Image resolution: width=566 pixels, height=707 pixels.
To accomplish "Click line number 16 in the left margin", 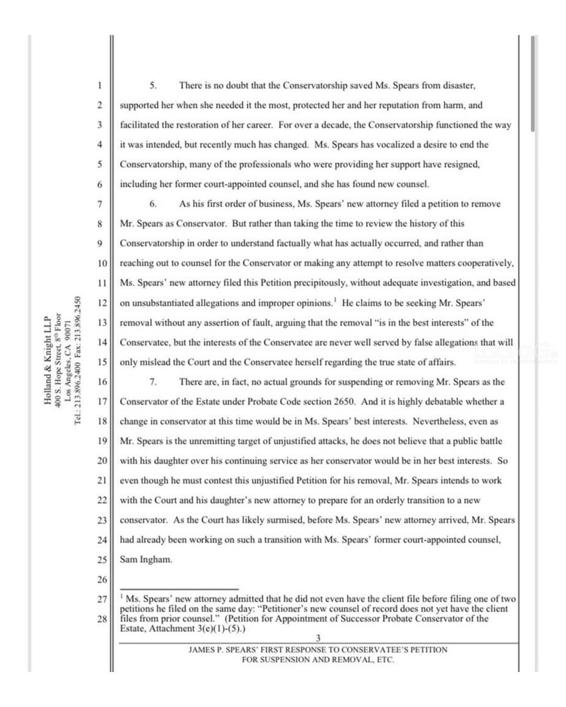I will (x=102, y=382).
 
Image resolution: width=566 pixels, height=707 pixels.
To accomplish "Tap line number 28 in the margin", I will (x=102, y=619).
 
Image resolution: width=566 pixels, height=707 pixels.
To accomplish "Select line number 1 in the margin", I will (x=99, y=85).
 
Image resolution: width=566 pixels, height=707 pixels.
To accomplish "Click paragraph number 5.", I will (x=153, y=85).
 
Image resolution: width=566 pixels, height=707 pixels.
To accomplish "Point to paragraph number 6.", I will (x=153, y=204).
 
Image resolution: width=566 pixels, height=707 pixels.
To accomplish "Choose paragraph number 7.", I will (x=153, y=382).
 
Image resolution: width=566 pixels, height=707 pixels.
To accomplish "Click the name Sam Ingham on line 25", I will (x=146, y=559).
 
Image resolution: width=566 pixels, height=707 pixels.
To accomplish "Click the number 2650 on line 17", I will (x=344, y=402).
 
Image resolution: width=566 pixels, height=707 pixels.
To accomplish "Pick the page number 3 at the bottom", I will (x=318, y=638).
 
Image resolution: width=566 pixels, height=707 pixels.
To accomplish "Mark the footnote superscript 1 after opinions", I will (x=334, y=300).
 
